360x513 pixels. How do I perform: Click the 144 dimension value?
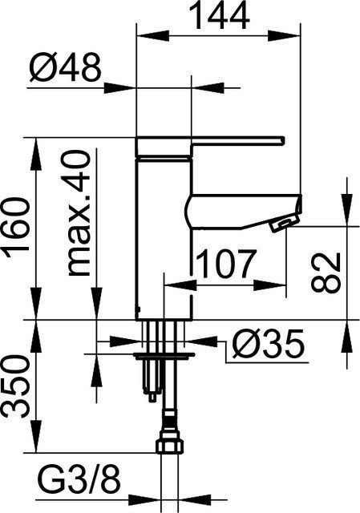(218, 14)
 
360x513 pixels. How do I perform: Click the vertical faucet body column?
(164, 232)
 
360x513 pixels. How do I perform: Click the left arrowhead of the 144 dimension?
(145, 34)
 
